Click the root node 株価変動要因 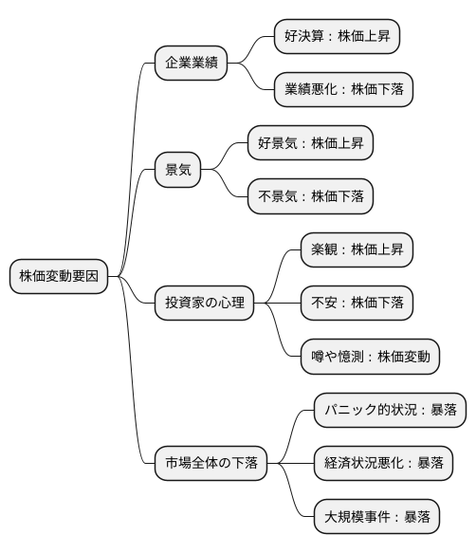coord(59,277)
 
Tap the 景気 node coord(178,171)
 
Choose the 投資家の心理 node coord(204,304)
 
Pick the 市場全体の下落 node coord(210,464)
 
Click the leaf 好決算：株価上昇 coord(337,37)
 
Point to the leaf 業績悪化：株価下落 coord(343,89)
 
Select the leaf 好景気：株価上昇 coord(310,144)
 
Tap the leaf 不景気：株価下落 coord(310,196)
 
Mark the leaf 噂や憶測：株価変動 coord(370,357)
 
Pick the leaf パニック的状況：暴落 coord(390,411)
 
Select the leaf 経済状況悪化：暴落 coord(383,464)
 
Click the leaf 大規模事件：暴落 coord(376,518)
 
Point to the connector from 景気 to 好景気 coord(225,157)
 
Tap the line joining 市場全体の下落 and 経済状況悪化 coord(290,464)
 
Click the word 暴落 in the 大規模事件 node coord(417,518)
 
